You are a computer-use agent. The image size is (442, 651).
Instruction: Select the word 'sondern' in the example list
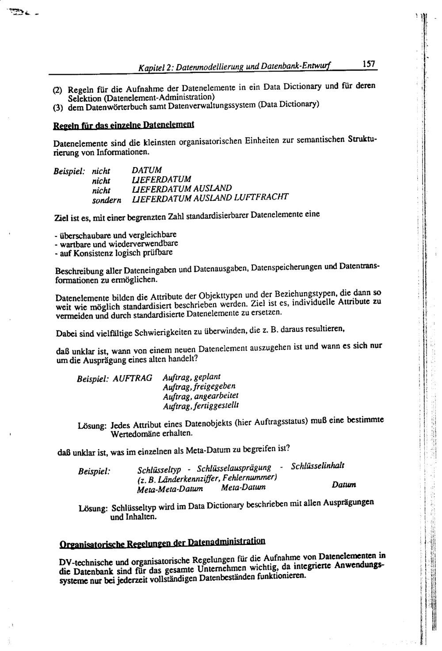click(x=107, y=200)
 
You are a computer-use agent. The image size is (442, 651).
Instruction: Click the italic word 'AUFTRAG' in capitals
click(x=133, y=378)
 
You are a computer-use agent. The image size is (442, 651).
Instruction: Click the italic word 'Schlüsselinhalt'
click(x=318, y=466)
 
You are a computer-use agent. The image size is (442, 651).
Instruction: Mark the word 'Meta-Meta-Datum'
click(x=170, y=489)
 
